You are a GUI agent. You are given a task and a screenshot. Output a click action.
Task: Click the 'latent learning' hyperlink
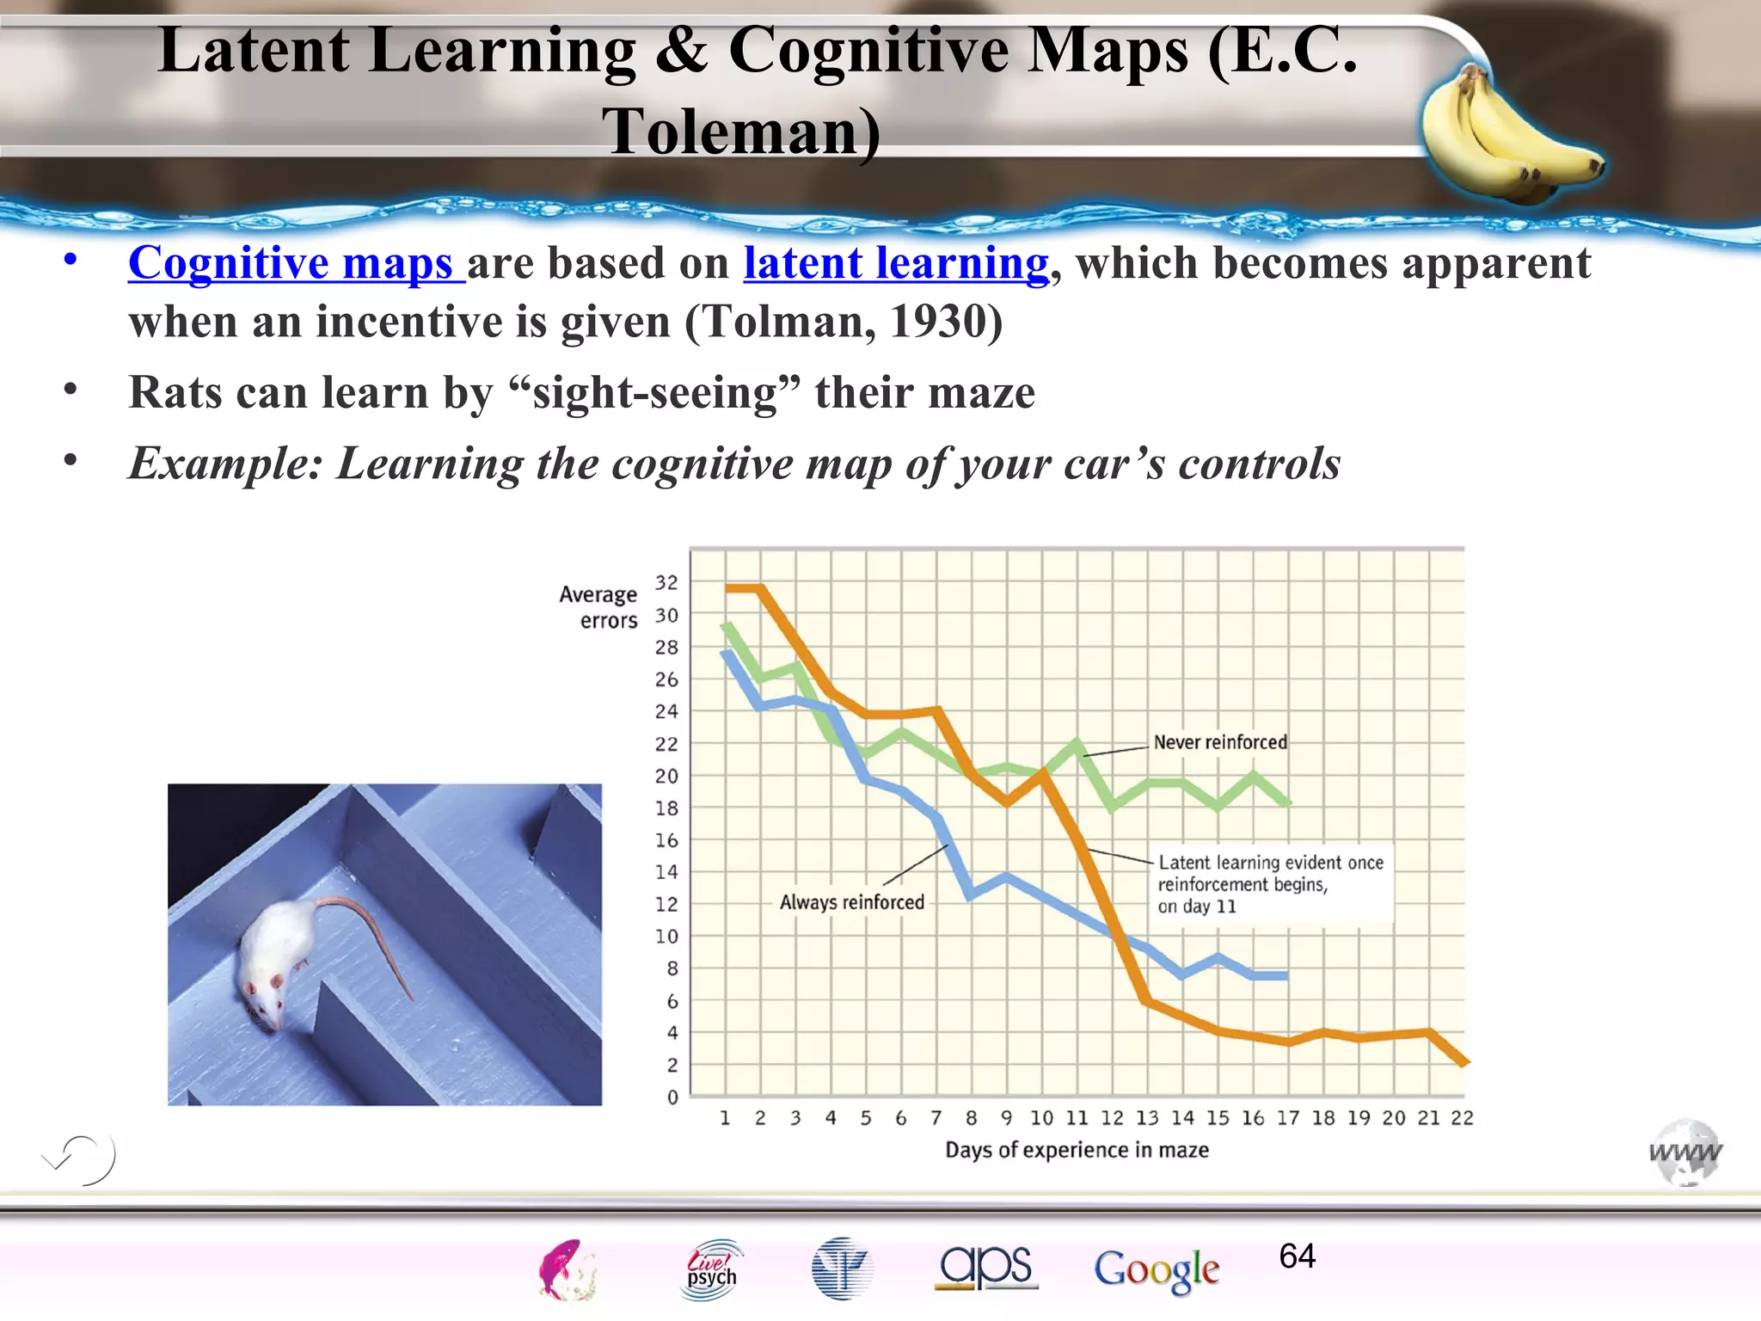coord(896,263)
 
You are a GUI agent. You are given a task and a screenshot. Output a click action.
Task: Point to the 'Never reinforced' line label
coord(1219,742)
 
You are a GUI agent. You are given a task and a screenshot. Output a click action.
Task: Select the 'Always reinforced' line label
coord(851,902)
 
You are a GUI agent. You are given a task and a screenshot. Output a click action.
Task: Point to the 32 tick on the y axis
coord(666,583)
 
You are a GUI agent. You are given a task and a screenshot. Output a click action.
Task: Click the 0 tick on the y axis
coord(672,1097)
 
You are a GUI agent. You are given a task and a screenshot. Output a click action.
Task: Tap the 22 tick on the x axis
coord(1462,1118)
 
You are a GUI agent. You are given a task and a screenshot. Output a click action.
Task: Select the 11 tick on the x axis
coord(1077,1118)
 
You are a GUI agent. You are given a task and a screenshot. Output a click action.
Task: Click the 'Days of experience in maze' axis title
coord(1077,1150)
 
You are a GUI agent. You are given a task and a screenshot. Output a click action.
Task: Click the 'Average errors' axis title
coord(599,607)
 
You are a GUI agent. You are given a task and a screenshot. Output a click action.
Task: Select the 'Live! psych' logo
coord(711,1269)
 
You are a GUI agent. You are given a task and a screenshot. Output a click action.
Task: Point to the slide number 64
coord(1297,1256)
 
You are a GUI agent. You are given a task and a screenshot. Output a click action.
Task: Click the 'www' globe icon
coord(1685,1152)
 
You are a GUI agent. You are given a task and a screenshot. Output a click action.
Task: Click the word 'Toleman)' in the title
coord(741,132)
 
